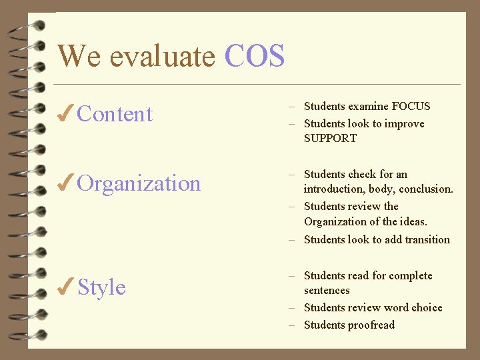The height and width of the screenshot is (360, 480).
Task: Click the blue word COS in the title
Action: (x=255, y=56)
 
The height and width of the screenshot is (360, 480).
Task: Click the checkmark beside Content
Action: (x=65, y=115)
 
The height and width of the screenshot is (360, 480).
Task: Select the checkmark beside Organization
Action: (x=65, y=184)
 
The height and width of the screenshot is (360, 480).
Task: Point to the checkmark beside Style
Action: (x=65, y=288)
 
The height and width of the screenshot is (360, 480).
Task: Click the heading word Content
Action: (x=115, y=115)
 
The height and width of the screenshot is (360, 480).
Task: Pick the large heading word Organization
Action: (x=139, y=184)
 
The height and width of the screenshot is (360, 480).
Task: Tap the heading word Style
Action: (x=101, y=288)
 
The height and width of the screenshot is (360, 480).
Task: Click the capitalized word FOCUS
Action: (x=411, y=106)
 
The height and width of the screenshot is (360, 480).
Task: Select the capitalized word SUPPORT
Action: (x=330, y=139)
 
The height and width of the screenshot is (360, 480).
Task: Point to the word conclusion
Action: (x=426, y=189)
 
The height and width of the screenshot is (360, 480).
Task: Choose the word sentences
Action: (x=327, y=291)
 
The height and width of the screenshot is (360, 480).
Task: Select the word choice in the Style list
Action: (x=427, y=308)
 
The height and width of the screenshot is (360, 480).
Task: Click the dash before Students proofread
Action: (x=292, y=325)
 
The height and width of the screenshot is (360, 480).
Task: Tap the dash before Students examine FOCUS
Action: (x=292, y=107)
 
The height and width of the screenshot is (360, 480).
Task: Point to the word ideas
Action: (x=413, y=222)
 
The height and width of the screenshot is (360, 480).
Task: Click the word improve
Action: (x=405, y=124)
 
